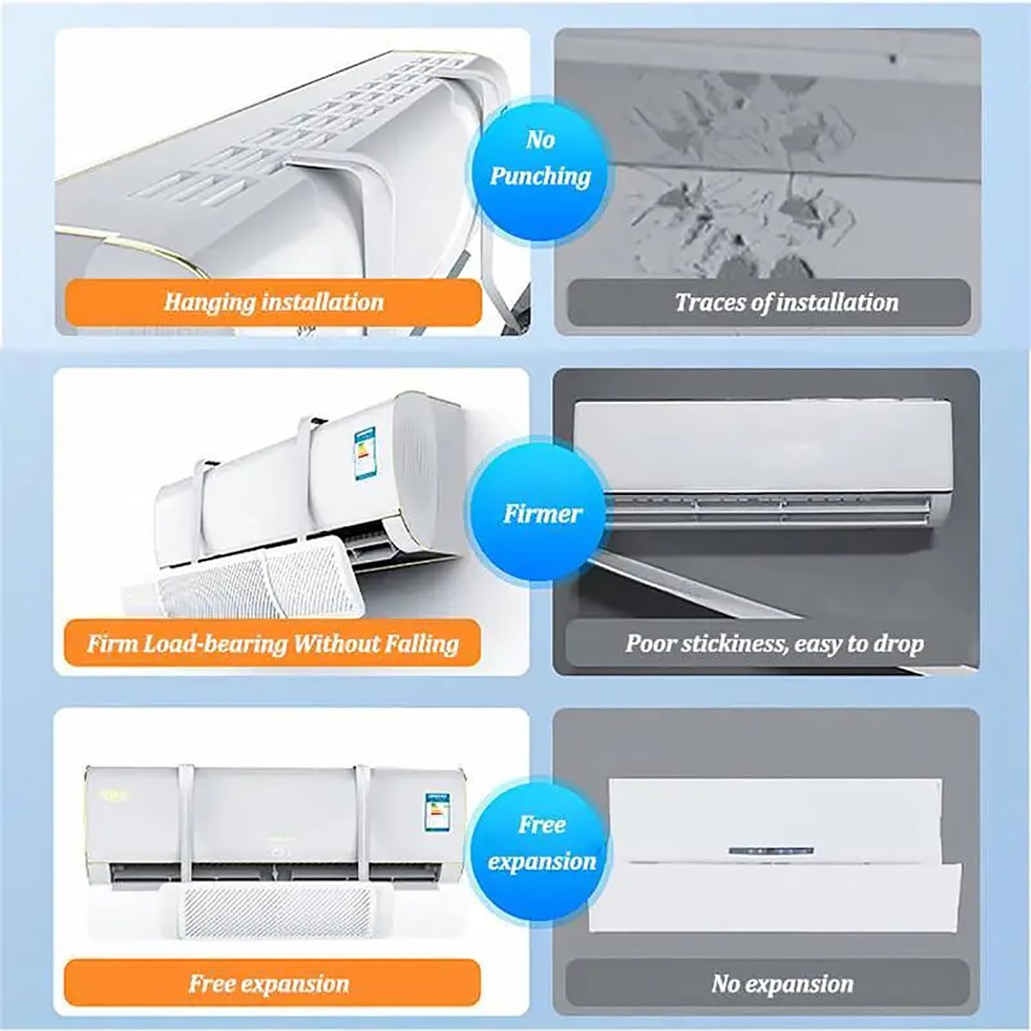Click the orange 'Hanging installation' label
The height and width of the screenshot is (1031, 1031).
point(273,302)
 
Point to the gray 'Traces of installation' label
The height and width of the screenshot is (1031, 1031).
point(768,302)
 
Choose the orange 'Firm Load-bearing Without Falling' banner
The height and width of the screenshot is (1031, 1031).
point(272,643)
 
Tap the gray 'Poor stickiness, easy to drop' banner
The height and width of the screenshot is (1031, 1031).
point(768,643)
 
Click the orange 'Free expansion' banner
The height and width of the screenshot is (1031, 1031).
point(272,983)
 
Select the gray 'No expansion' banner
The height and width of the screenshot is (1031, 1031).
point(768,983)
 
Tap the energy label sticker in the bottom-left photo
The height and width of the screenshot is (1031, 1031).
point(437,815)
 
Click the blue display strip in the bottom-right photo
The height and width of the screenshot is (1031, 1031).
point(771,852)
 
